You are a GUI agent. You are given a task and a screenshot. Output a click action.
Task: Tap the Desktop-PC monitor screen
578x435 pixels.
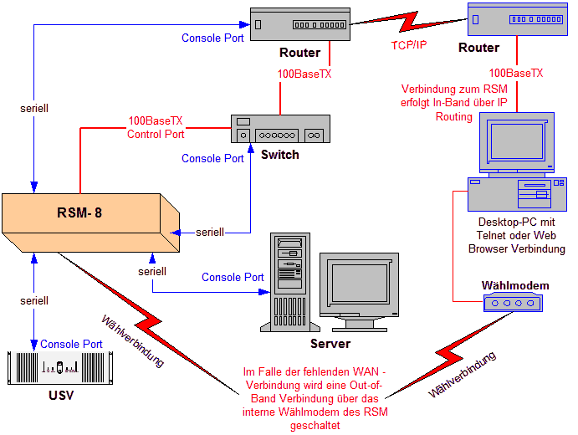(514, 143)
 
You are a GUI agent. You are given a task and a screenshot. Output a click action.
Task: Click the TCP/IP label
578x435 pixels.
(408, 45)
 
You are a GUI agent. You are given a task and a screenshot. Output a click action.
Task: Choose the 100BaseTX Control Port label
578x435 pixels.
(156, 127)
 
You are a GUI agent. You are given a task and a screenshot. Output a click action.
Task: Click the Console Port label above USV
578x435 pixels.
(71, 344)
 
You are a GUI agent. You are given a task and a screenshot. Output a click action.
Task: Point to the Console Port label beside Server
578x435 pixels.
(233, 277)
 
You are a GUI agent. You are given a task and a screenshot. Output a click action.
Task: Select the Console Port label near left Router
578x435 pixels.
(212, 38)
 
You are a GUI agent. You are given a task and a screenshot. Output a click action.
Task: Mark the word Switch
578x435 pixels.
(279, 155)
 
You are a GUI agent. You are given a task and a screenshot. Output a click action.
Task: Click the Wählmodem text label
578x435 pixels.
(515, 285)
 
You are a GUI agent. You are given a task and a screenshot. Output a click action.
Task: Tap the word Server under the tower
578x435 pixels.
(330, 344)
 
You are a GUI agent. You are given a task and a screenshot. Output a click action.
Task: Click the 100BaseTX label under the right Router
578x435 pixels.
(515, 73)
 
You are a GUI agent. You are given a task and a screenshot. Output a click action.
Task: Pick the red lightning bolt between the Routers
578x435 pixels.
(408, 25)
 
